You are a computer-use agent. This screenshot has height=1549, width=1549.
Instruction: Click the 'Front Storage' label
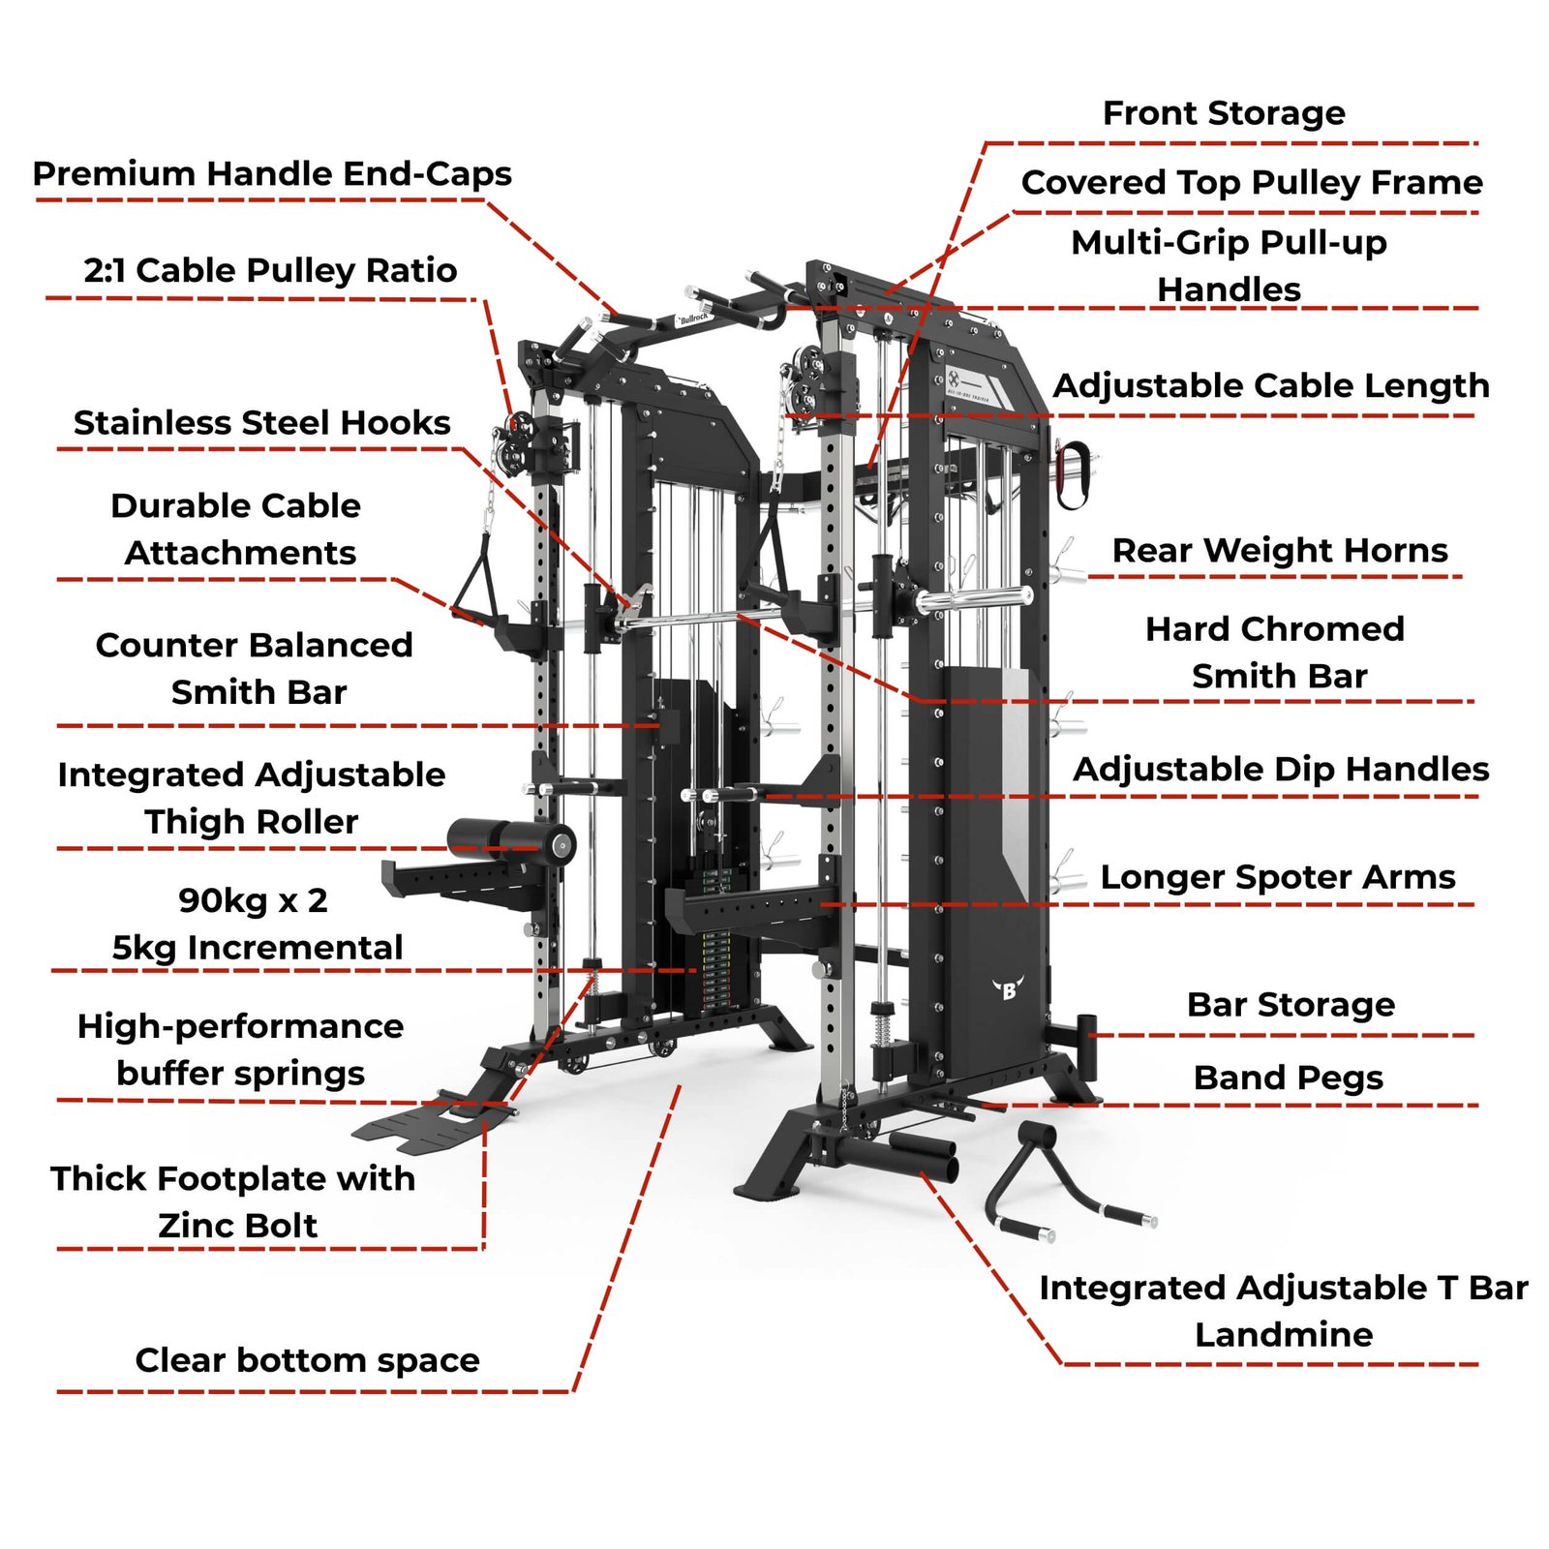(x=1224, y=113)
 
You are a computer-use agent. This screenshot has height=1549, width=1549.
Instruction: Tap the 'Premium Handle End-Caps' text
(x=272, y=174)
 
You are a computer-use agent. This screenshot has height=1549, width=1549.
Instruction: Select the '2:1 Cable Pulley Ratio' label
(x=270, y=271)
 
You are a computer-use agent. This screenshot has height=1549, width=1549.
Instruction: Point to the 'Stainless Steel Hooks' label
(x=262, y=423)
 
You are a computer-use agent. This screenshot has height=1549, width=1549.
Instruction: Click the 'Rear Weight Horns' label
(x=1280, y=551)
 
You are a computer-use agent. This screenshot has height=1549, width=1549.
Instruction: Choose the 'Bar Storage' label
(x=1291, y=1005)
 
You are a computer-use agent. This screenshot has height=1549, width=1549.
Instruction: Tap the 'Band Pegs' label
(x=1288, y=1078)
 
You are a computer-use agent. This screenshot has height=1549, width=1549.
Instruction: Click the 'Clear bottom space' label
(x=307, y=1360)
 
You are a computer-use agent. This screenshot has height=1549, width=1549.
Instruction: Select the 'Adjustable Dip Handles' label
(x=1281, y=770)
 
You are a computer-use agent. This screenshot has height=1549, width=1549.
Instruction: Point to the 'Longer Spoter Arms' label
(x=1278, y=877)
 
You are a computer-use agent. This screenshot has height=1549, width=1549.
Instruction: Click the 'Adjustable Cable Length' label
(x=1271, y=386)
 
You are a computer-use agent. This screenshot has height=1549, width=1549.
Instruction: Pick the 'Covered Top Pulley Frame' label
(x=1252, y=183)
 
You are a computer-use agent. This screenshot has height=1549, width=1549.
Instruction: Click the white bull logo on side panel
(x=1009, y=989)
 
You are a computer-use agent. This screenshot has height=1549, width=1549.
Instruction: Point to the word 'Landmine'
(x=1284, y=1335)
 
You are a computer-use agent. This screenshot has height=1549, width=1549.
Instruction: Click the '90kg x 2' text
(x=253, y=901)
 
